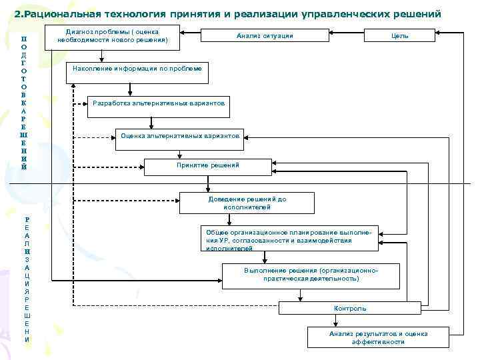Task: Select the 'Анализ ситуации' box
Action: click(265, 36)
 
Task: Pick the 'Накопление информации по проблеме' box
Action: click(137, 73)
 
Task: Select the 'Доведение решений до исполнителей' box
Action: click(247, 203)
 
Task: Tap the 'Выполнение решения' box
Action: click(311, 275)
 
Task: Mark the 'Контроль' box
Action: click(349, 308)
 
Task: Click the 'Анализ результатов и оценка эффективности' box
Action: click(378, 337)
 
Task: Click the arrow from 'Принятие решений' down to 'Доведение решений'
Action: click(208, 183)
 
